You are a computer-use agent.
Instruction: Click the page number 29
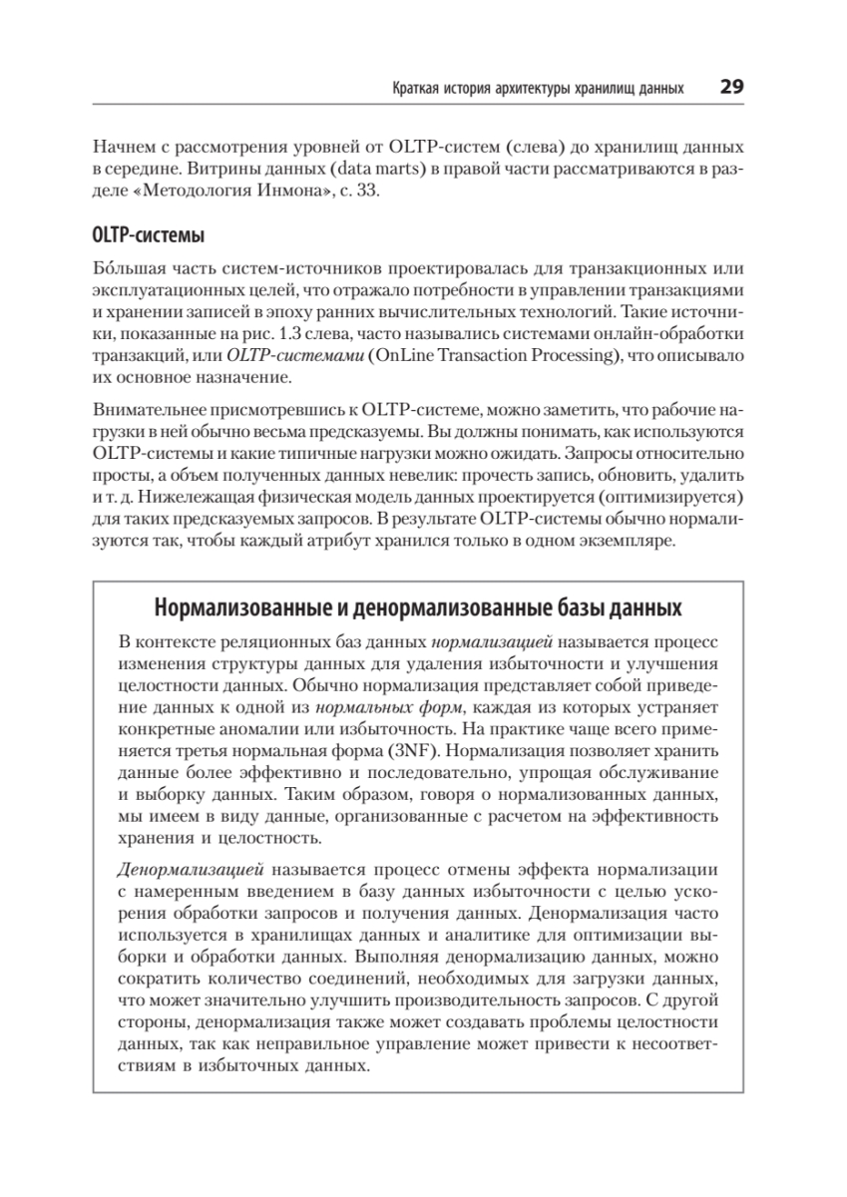731,88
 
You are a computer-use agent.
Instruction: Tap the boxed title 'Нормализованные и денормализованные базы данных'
419,608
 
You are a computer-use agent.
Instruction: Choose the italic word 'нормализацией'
491,639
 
